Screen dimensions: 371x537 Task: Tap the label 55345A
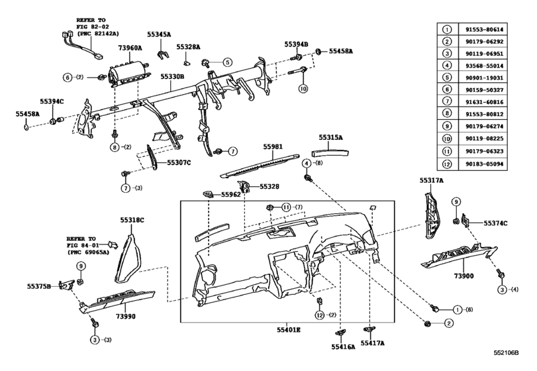pyautogui.click(x=159, y=33)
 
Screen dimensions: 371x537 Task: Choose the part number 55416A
pyautogui.click(x=344, y=346)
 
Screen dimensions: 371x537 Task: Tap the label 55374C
pyautogui.click(x=495, y=223)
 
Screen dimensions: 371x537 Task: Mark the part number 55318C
pyautogui.click(x=132, y=219)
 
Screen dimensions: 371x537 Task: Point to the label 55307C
pyautogui.click(x=178, y=162)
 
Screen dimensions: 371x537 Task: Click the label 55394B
pyautogui.click(x=297, y=44)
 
